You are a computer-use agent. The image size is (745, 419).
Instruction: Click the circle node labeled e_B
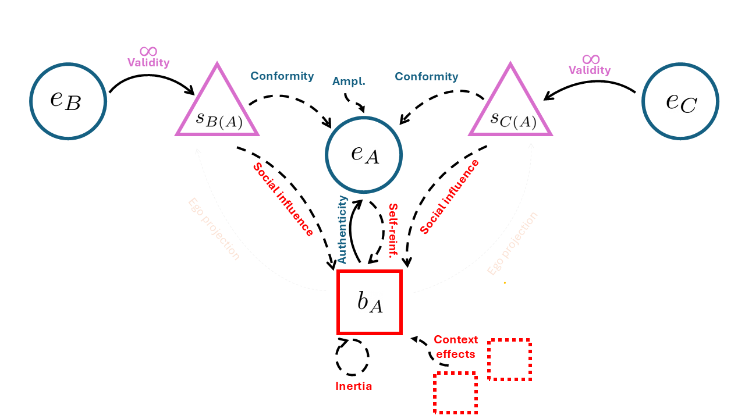(68, 101)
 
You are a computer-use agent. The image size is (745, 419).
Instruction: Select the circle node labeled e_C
(680, 101)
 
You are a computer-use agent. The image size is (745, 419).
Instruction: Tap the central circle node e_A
(364, 154)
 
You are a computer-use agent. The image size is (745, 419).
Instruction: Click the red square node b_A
(370, 303)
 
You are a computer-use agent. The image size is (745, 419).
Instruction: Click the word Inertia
(353, 386)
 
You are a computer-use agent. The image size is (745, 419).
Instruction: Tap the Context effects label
(456, 347)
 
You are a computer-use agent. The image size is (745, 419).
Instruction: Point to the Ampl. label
(348, 81)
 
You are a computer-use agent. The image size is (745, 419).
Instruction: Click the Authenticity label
(343, 229)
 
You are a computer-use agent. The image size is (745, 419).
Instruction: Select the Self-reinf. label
(393, 230)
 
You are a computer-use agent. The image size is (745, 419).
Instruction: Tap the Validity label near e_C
(590, 70)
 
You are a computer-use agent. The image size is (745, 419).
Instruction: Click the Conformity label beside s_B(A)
(282, 76)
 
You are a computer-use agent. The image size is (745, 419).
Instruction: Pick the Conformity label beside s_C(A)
(427, 77)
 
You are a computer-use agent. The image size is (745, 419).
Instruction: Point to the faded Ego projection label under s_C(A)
(512, 244)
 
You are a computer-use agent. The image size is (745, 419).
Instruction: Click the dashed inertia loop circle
(352, 357)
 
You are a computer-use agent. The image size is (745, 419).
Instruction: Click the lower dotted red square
(455, 393)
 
